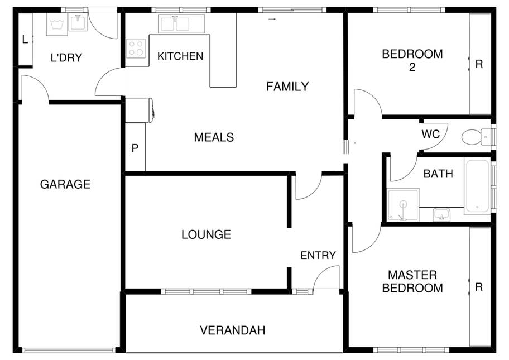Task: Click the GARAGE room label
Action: click(65, 184)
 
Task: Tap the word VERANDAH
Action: click(233, 330)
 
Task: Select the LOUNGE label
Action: click(206, 234)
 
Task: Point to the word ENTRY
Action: click(318, 256)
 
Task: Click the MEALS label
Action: click(214, 137)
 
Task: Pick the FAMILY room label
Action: click(287, 87)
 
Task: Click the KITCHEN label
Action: click(180, 56)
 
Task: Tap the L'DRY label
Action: click(66, 58)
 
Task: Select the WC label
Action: click(430, 134)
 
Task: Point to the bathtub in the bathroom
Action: click(477, 186)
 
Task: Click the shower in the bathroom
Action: click(403, 204)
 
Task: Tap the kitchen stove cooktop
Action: click(136, 48)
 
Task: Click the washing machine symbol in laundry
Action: click(57, 24)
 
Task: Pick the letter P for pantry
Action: click(135, 148)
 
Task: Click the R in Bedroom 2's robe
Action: click(479, 64)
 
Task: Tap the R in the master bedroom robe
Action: click(479, 287)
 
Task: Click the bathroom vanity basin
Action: click(441, 214)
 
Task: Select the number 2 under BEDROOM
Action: click(412, 67)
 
